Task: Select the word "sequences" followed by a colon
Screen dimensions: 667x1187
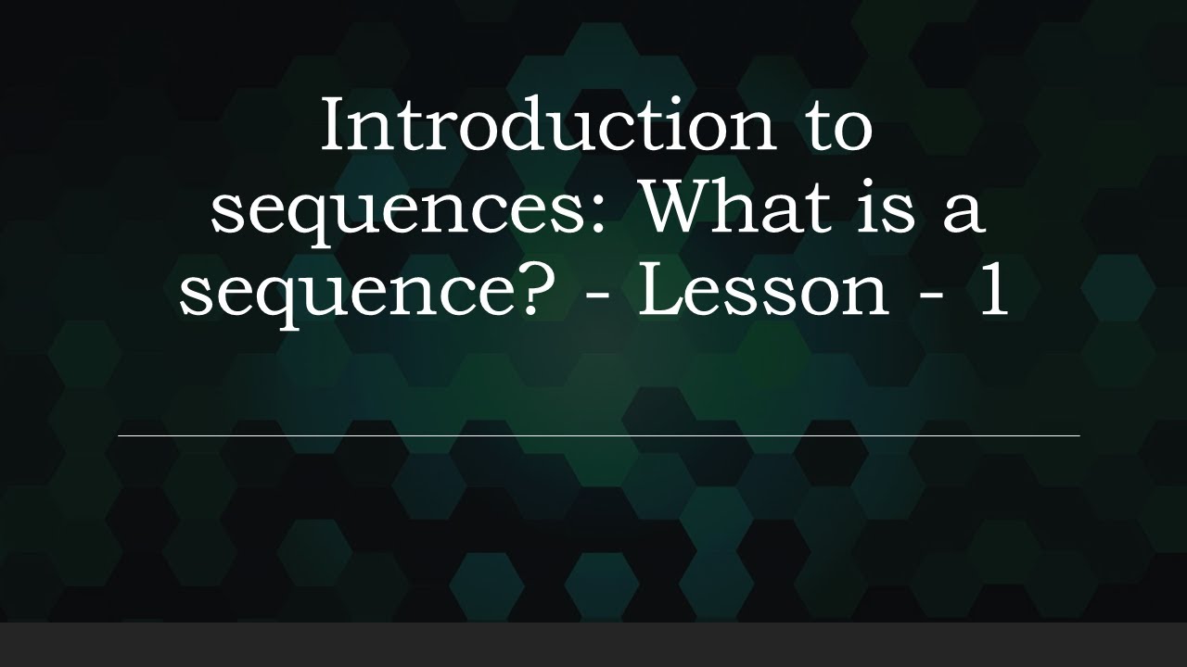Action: [x=409, y=209]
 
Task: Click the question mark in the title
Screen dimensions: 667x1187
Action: [x=530, y=288]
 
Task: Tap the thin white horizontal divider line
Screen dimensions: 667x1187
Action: [x=598, y=434]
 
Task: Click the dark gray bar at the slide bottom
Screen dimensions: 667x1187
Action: [x=593, y=645]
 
